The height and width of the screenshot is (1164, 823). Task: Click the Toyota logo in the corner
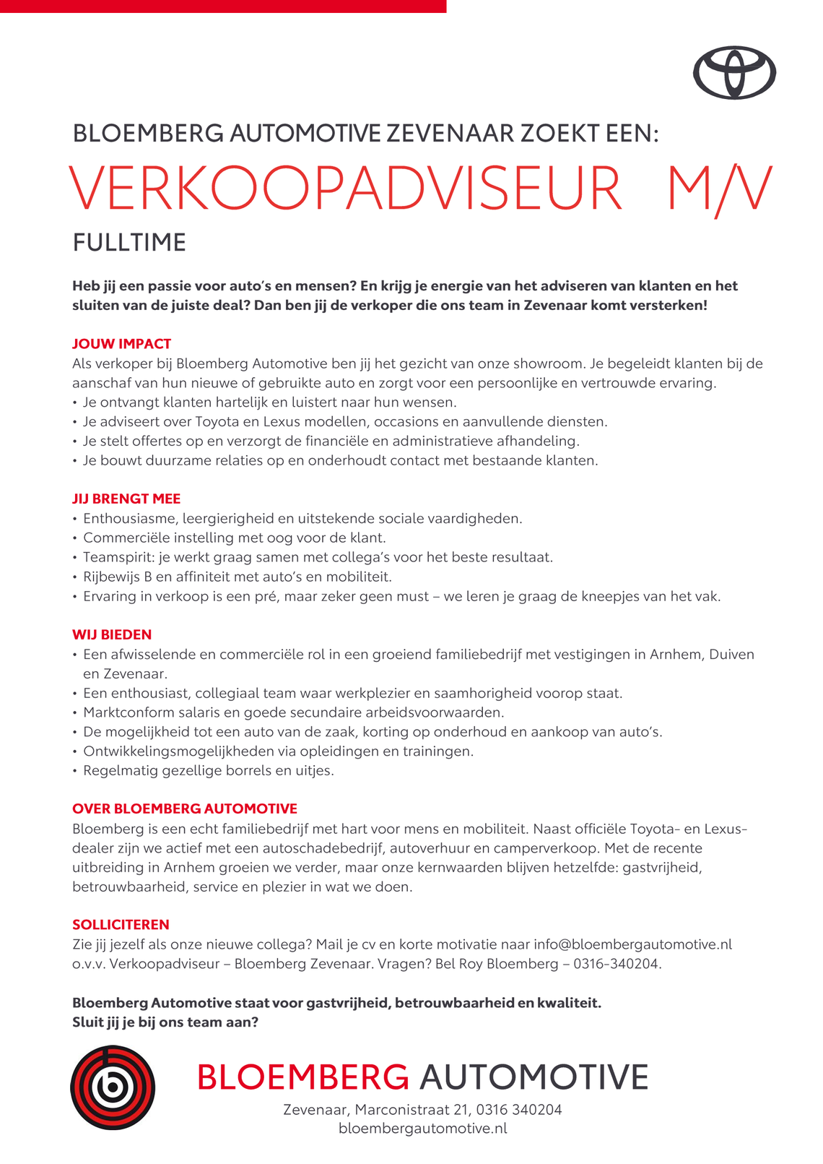tap(734, 73)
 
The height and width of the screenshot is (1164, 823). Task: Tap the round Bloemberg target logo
tap(113, 1087)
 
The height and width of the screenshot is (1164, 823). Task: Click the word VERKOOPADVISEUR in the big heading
tap(346, 190)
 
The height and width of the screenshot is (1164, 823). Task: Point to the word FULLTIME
tap(129, 243)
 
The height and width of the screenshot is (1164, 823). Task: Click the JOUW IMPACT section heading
tap(121, 344)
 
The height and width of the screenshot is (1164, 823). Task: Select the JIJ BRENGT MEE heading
tap(126, 499)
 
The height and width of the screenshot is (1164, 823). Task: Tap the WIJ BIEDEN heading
tap(112, 634)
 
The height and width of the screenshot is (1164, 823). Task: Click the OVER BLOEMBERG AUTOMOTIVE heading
tap(185, 809)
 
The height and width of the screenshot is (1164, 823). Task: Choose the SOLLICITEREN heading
tap(121, 924)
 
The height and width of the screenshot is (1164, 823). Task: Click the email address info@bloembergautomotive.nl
tap(632, 944)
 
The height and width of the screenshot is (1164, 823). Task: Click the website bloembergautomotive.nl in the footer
tap(422, 1129)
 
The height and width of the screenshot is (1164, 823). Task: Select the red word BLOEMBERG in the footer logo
tap(302, 1077)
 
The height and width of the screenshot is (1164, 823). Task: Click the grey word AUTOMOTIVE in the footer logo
tap(534, 1077)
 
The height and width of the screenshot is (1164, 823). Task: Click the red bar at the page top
tap(223, 6)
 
